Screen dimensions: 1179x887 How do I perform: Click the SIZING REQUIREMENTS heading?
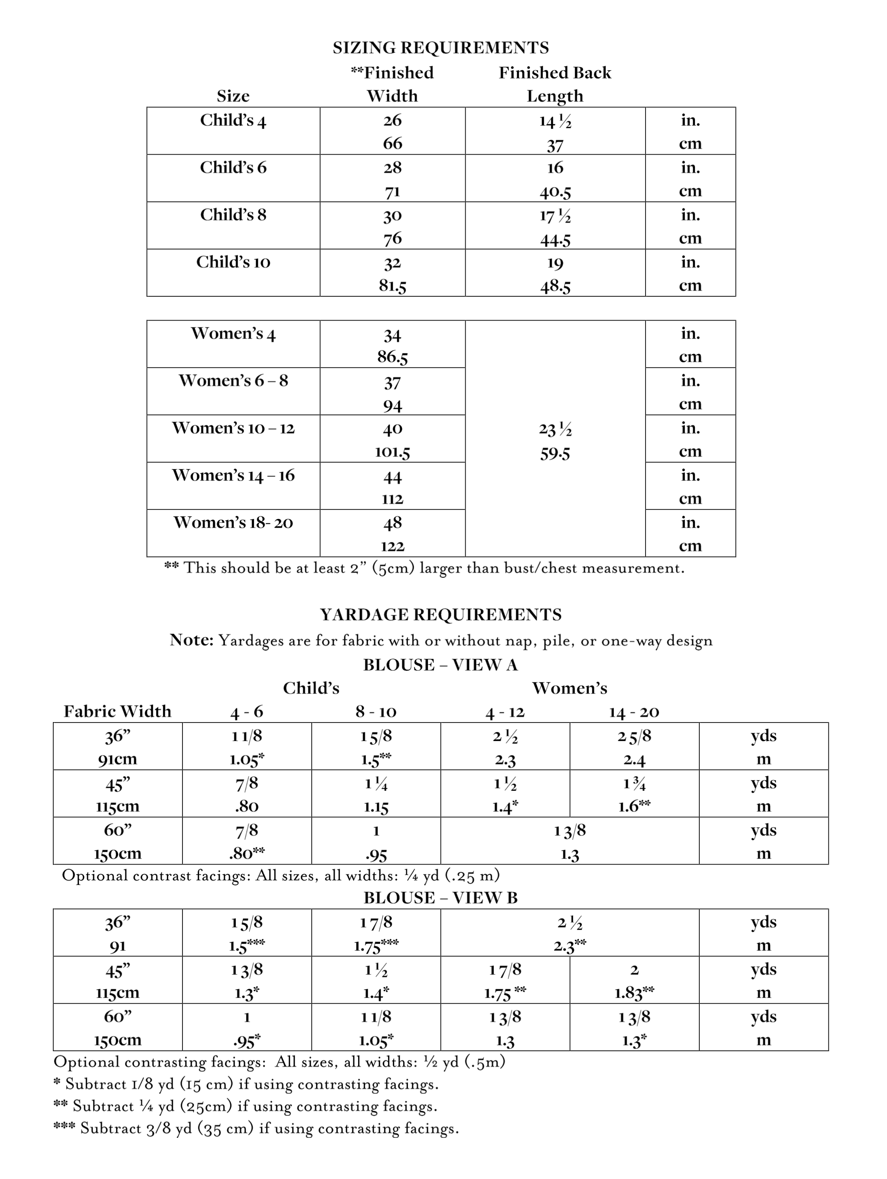[x=440, y=48]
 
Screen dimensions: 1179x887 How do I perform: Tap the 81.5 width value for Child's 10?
[x=393, y=286]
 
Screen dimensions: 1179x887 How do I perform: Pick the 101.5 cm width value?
[x=393, y=453]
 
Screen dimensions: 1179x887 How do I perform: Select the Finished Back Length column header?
[x=555, y=84]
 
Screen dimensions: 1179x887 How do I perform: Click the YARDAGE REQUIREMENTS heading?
[x=440, y=615]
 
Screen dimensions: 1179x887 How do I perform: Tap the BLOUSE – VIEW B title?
[x=440, y=897]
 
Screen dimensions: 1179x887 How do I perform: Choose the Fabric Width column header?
[x=117, y=712]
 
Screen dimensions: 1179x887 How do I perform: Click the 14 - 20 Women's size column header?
[x=634, y=712]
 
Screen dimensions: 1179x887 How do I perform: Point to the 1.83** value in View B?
[x=634, y=992]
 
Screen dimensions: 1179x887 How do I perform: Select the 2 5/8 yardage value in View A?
[x=634, y=736]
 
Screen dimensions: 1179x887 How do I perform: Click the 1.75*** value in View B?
[x=376, y=946]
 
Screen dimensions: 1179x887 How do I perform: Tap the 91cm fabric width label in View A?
[x=117, y=759]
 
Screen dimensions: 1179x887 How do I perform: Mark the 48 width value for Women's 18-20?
[x=393, y=523]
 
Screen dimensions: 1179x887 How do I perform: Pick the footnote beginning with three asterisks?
[x=256, y=1128]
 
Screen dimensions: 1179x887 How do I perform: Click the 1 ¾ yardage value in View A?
[x=634, y=784]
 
